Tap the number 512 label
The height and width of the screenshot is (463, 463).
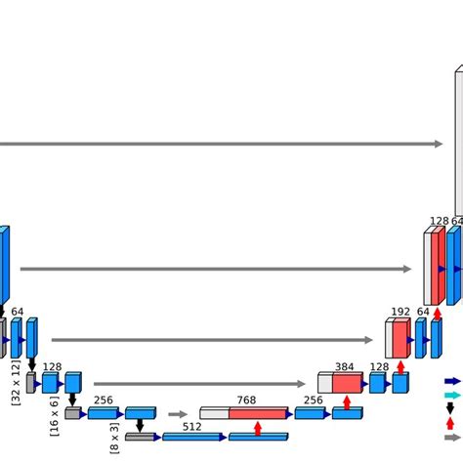(x=191, y=426)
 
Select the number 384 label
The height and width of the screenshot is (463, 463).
(x=344, y=367)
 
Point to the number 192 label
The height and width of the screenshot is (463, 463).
(x=400, y=313)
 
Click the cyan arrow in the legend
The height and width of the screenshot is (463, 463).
(x=452, y=395)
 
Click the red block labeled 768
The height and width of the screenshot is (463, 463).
(x=258, y=413)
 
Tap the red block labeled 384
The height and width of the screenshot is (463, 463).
(x=347, y=383)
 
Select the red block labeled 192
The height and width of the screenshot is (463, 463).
(x=400, y=338)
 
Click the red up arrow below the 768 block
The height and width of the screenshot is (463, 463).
(x=258, y=428)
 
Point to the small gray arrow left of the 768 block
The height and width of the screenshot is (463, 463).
(x=177, y=414)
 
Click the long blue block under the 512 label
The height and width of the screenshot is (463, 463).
(x=191, y=437)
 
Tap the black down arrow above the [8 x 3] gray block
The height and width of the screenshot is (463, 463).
(x=141, y=425)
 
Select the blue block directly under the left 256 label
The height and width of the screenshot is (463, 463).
(x=103, y=413)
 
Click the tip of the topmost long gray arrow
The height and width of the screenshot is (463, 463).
(x=441, y=144)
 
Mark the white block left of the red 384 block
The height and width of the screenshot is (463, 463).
(x=325, y=383)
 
